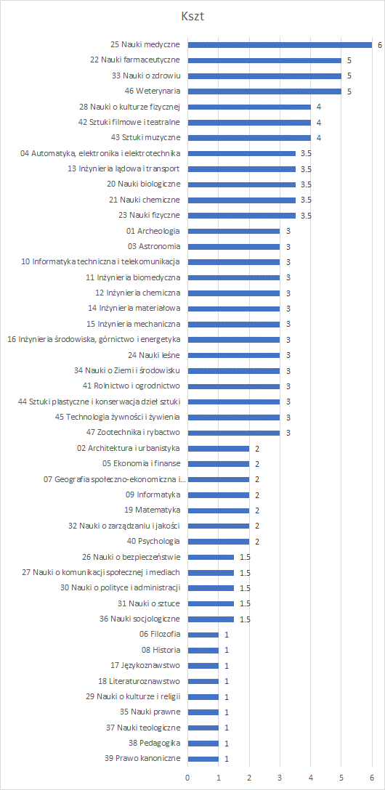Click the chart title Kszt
(x=192, y=17)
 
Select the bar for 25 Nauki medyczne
(x=280, y=45)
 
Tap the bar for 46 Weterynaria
(x=264, y=91)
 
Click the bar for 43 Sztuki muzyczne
(x=249, y=137)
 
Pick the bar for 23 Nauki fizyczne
(x=241, y=216)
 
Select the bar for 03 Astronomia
(x=234, y=246)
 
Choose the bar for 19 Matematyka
(x=218, y=510)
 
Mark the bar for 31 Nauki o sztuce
(x=211, y=603)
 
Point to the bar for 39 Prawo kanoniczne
(x=203, y=759)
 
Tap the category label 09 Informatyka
(x=153, y=494)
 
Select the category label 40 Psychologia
(x=154, y=542)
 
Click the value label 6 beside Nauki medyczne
(x=379, y=45)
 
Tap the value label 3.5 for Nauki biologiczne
(x=307, y=184)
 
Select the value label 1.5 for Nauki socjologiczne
(x=245, y=619)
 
